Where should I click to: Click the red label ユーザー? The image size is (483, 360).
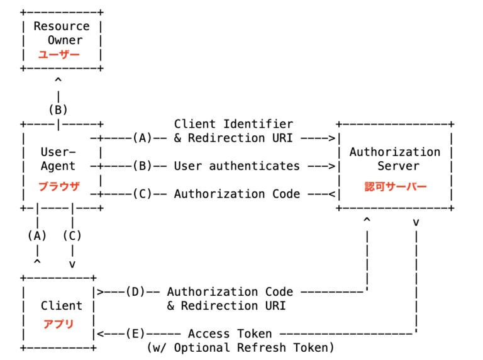click(x=58, y=55)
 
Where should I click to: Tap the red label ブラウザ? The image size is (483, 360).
click(x=58, y=186)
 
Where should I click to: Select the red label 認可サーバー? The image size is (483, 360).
click(x=395, y=187)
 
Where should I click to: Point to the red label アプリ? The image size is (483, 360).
click(x=58, y=324)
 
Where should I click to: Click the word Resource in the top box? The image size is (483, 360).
click(x=62, y=26)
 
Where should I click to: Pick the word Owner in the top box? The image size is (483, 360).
click(x=65, y=40)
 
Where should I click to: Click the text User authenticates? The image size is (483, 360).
click(x=236, y=166)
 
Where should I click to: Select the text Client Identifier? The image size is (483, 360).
click(x=233, y=124)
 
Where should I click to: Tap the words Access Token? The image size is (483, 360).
click(x=230, y=334)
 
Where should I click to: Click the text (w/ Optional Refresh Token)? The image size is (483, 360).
click(x=240, y=347)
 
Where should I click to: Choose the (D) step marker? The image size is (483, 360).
click(x=135, y=292)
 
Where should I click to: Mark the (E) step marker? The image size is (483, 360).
click(x=135, y=334)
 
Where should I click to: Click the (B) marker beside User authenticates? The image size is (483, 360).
click(x=142, y=166)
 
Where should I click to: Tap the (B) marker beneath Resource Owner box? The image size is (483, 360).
click(x=58, y=110)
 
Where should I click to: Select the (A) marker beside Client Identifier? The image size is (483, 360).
click(x=142, y=138)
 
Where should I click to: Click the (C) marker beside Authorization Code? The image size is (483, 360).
click(x=142, y=194)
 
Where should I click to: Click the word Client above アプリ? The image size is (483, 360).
click(x=62, y=306)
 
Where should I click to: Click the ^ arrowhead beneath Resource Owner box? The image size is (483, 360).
click(x=58, y=81)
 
